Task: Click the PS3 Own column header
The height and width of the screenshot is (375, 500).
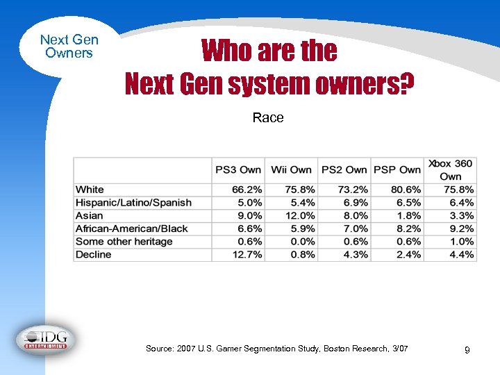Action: (x=238, y=169)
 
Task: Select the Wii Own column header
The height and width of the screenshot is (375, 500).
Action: (x=291, y=169)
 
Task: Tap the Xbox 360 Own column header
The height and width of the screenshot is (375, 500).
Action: (x=450, y=169)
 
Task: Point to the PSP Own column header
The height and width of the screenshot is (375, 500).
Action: (x=397, y=169)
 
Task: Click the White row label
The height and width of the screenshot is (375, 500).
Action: (x=90, y=190)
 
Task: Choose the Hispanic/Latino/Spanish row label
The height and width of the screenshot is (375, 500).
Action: (x=133, y=203)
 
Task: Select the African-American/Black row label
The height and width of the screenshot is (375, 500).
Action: (x=132, y=228)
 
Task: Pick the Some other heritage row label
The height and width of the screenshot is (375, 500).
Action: (x=124, y=242)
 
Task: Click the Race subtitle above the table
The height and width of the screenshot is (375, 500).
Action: (x=268, y=118)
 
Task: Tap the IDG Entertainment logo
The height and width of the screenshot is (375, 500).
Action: (x=46, y=340)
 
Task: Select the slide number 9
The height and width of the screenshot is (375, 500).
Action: (x=467, y=351)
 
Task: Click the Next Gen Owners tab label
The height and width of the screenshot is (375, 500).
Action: (x=69, y=47)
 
